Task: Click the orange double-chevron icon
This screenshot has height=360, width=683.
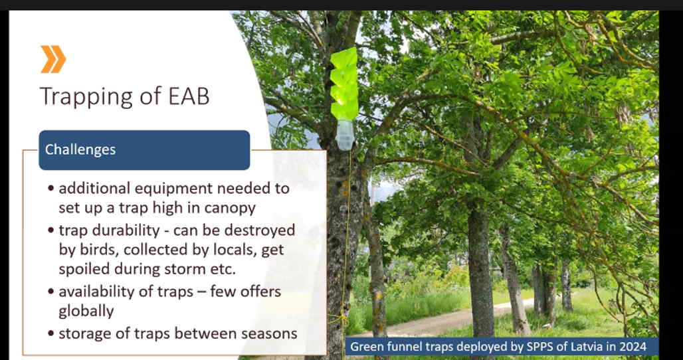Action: click(x=53, y=59)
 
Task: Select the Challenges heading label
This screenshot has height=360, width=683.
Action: click(x=80, y=149)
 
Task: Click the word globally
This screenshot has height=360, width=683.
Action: click(x=86, y=312)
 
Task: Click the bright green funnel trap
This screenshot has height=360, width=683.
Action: click(x=344, y=84)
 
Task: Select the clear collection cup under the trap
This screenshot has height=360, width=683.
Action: click(x=345, y=135)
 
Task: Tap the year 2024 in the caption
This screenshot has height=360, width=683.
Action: click(x=634, y=347)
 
